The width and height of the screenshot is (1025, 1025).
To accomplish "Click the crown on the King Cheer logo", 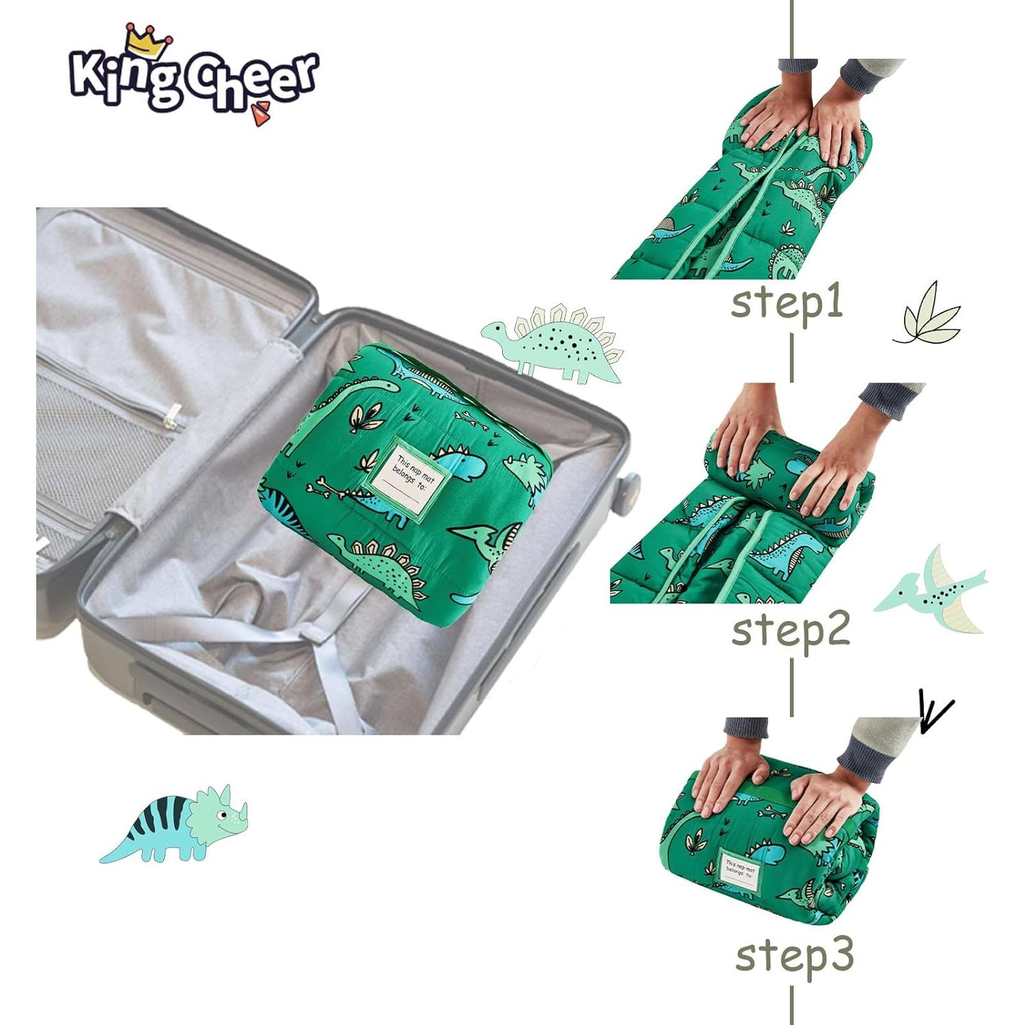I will tap(148, 42).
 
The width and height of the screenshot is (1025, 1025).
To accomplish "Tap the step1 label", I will tap(787, 303).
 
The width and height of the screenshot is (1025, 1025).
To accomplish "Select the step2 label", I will tap(791, 629).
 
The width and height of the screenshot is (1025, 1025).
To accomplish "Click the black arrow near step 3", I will tap(934, 713).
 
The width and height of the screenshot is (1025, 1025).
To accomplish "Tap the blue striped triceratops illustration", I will tap(175, 824).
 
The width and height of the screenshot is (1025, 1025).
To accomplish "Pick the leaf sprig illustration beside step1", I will tap(928, 314).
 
